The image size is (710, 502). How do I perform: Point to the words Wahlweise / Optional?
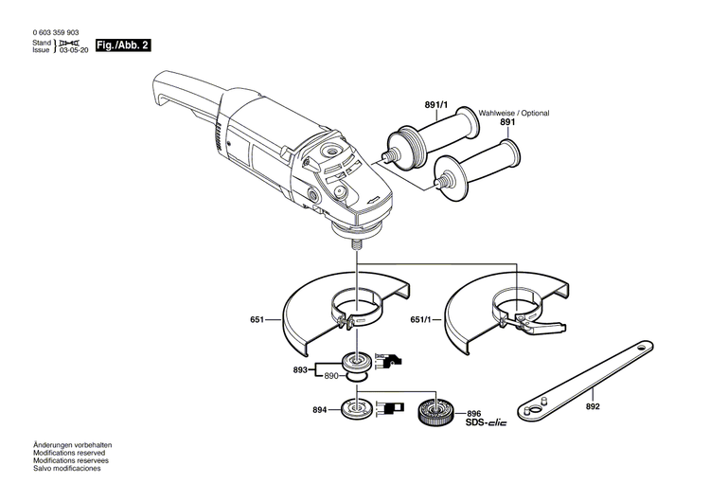[514, 113]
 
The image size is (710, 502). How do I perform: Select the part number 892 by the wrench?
[593, 408]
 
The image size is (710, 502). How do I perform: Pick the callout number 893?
[302, 369]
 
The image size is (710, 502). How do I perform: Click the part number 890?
[331, 377]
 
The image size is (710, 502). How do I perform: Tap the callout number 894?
[320, 410]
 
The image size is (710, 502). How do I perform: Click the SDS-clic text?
[486, 421]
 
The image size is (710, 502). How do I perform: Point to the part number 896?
[474, 412]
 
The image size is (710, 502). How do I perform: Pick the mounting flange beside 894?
[359, 408]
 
